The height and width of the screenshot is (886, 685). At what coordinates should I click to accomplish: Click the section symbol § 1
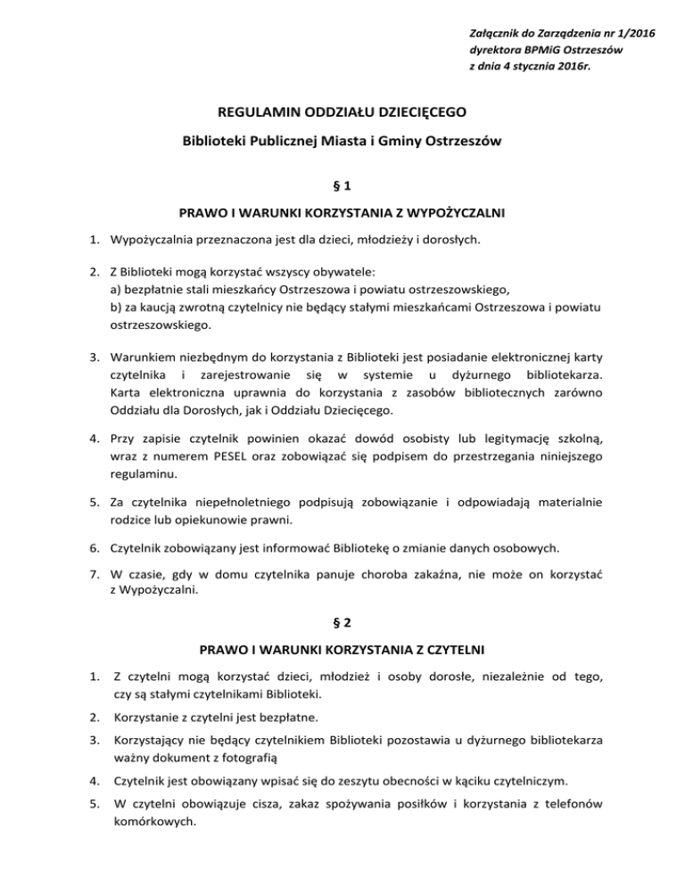pyautogui.click(x=342, y=189)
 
